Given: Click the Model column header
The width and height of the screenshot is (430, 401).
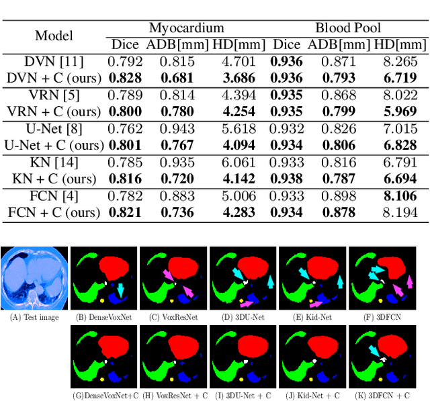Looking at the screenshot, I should [54, 36].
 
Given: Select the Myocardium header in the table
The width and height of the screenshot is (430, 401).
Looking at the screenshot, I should [186, 28].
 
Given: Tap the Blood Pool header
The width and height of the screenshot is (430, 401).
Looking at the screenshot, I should [347, 28].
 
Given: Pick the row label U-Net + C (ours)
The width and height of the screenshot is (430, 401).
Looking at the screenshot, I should [52, 144].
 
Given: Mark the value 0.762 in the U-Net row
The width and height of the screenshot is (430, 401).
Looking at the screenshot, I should [128, 128].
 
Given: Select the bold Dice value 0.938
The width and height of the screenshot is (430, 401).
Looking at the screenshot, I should [288, 179].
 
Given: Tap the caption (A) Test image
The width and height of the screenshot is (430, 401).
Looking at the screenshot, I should [34, 318].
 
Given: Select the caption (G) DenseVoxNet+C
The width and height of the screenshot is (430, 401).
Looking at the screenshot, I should [103, 396].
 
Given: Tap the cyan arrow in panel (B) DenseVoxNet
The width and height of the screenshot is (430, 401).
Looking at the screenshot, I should [121, 289].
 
